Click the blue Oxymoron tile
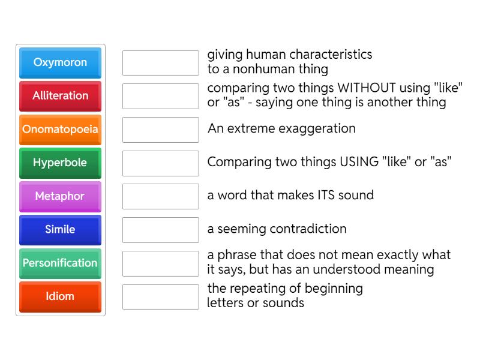click(60, 62)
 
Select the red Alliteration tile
click(60, 96)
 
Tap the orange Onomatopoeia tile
click(60, 129)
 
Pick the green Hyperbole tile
click(60, 163)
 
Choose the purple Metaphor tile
click(60, 196)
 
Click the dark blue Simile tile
click(60, 229)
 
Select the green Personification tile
click(60, 263)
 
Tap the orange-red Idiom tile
click(60, 296)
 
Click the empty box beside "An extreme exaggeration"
click(160, 130)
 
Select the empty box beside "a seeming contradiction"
click(160, 230)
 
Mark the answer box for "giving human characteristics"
click(160, 63)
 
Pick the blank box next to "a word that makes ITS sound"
click(160, 196)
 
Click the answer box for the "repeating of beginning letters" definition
click(160, 297)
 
